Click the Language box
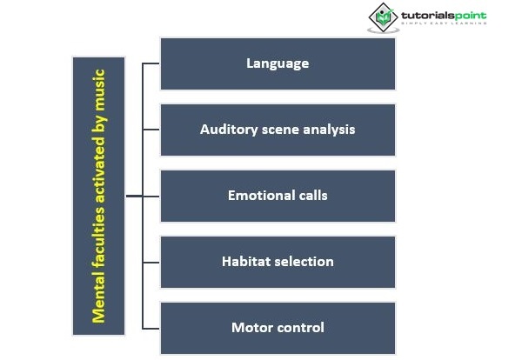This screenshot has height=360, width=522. coord(278,63)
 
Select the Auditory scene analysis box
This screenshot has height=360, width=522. coord(278,130)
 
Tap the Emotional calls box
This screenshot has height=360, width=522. coord(278,196)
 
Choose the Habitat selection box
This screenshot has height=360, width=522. coord(278,262)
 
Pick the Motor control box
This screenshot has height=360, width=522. coord(278,328)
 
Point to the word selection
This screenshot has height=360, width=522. coord(304,262)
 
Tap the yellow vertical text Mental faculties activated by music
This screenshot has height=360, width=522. coord(99,196)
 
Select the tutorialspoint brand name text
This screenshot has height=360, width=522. coord(443,15)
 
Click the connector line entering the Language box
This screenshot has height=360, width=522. coord(151,63)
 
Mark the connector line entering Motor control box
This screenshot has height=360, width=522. coord(151,328)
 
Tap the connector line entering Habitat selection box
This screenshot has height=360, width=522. coord(151,262)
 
